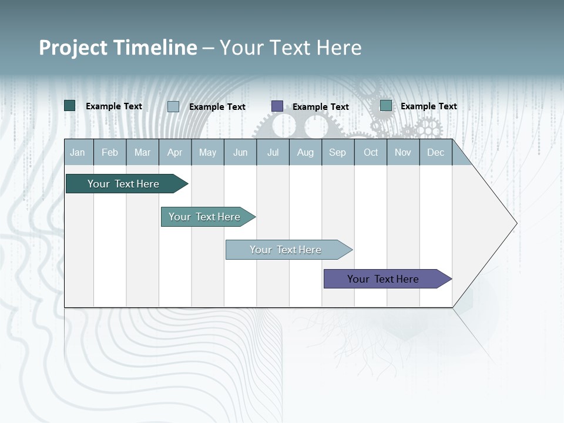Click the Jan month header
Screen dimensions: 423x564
click(78, 152)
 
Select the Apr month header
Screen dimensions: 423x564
click(174, 152)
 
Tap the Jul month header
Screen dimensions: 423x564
click(273, 152)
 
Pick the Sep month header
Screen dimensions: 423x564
click(337, 152)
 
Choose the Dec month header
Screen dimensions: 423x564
click(435, 152)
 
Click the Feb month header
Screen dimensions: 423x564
click(110, 152)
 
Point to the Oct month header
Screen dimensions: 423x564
click(371, 152)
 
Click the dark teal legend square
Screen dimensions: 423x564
click(70, 106)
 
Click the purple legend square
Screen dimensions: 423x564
click(277, 106)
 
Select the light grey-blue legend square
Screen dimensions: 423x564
click(173, 106)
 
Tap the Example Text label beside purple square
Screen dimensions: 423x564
click(320, 106)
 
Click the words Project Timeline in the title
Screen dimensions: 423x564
click(117, 48)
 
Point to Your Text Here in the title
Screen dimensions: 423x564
click(290, 48)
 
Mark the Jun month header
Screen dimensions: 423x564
click(240, 152)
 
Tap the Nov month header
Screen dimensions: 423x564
click(403, 152)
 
